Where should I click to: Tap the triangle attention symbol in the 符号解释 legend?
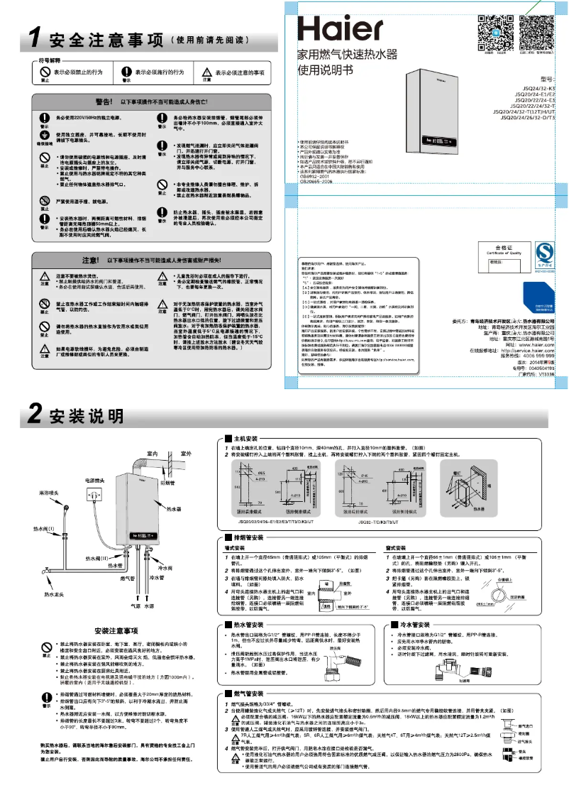pyautogui.click(x=206, y=72)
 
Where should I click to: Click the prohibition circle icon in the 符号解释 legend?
pyautogui.click(x=44, y=72)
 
